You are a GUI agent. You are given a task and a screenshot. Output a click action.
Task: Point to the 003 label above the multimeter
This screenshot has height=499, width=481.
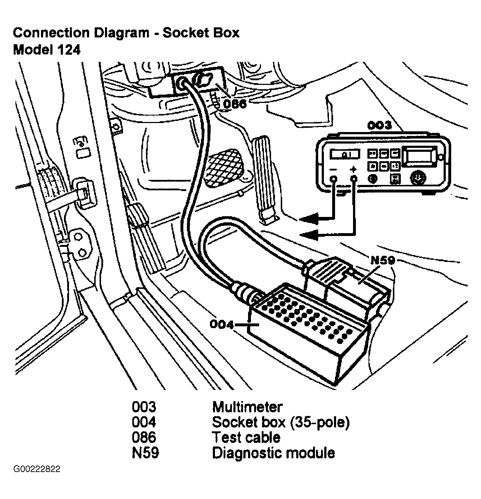tap(379, 125)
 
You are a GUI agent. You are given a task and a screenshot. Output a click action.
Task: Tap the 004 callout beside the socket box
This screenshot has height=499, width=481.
tap(222, 325)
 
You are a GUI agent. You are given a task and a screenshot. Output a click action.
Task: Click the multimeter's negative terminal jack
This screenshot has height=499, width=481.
tap(334, 178)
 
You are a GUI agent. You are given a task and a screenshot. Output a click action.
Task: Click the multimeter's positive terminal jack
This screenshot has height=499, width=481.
tap(354, 178)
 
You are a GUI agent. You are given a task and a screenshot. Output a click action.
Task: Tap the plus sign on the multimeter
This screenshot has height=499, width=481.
tap(354, 169)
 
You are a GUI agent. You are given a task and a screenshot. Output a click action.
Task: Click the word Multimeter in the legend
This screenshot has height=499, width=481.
tap(247, 407)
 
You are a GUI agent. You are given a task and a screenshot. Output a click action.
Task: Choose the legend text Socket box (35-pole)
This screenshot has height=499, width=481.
tap(280, 422)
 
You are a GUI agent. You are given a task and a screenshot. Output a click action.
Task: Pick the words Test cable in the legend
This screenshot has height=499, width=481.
tap(246, 437)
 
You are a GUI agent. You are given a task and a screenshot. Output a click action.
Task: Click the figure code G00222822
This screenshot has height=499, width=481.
tap(37, 469)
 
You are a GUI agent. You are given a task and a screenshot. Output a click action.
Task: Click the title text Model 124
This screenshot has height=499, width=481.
tap(47, 50)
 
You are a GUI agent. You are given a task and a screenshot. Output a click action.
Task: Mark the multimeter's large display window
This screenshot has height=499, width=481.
tap(418, 157)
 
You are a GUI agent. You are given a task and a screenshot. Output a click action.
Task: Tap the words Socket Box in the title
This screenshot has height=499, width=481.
tap(201, 33)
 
